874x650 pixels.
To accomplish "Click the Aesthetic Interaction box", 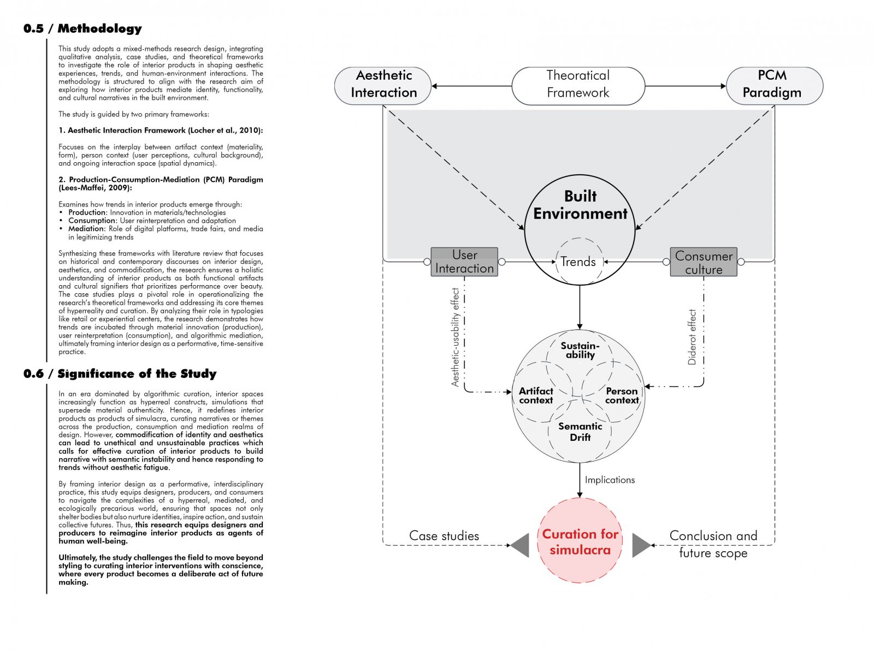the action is (382, 86).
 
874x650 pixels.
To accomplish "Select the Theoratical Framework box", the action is (578, 86).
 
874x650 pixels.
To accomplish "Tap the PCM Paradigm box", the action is (774, 86).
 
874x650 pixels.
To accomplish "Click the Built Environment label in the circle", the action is (580, 205).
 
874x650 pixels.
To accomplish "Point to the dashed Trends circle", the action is (556, 261).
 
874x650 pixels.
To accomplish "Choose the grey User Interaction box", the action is (464, 262).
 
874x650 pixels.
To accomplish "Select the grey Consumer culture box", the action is (704, 262).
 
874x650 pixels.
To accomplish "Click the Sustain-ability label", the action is (580, 350).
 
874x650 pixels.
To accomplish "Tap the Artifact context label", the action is (536, 395).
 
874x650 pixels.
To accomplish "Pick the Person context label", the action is (622, 395).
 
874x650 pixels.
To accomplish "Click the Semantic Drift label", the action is (580, 432).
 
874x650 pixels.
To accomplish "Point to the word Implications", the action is (610, 480).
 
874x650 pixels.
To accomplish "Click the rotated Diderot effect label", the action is (692, 337).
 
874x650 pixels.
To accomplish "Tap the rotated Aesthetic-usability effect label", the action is (455, 337).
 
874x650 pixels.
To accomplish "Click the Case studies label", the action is (444, 536).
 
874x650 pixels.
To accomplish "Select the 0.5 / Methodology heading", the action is (82, 28).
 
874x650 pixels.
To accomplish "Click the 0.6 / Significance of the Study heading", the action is (120, 374).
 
